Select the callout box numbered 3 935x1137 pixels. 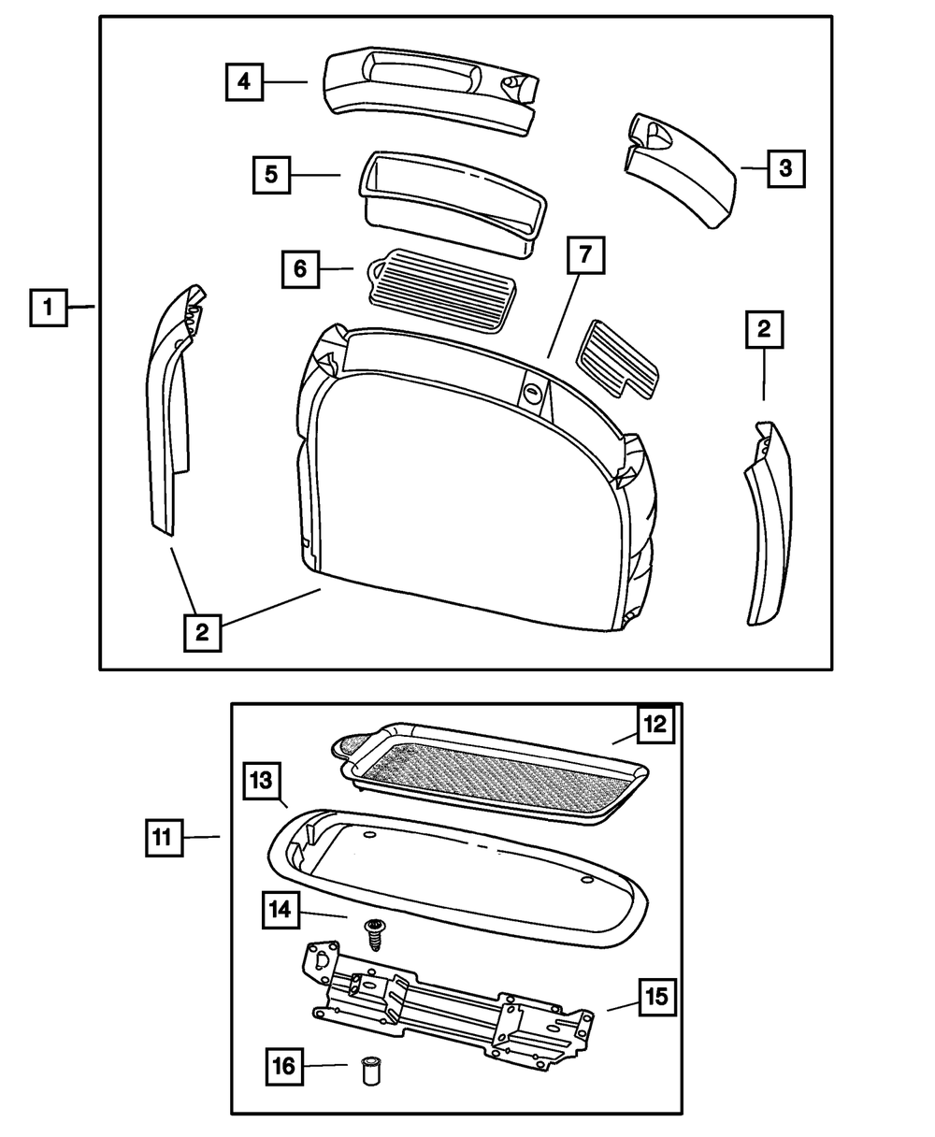tap(785, 168)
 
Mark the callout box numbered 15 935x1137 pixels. tap(657, 996)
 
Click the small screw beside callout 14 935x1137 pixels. tap(374, 932)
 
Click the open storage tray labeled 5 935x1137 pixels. tap(453, 198)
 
